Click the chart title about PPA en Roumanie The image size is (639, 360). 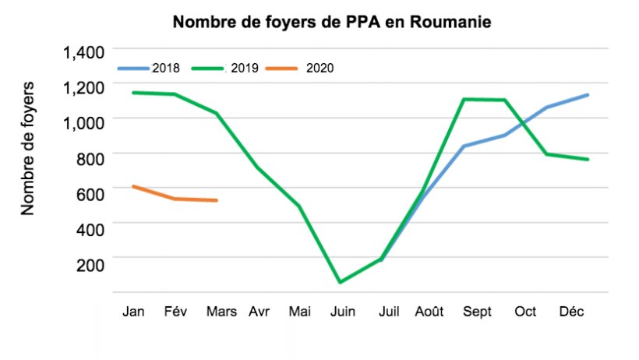pos(331,21)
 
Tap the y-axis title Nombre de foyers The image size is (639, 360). pos(28,146)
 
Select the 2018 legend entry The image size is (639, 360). pos(165,68)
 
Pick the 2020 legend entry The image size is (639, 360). pos(319,68)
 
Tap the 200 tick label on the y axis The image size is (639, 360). pos(90,264)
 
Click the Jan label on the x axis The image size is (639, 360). pos(133,312)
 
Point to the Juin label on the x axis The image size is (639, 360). pos(343,312)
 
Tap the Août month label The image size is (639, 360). pos(429,312)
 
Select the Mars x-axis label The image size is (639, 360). pos(222,312)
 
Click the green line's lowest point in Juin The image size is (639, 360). pos(340,282)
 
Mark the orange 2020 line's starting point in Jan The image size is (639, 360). pos(133,186)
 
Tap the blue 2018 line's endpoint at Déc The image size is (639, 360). pos(588,95)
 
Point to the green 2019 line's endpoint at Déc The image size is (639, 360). pos(588,160)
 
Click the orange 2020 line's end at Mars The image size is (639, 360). pos(217,201)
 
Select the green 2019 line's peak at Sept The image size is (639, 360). pos(465,99)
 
